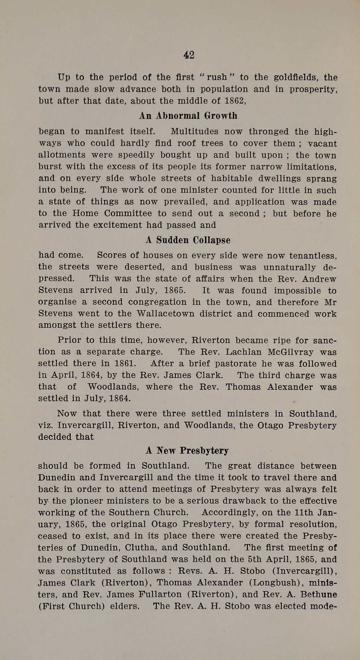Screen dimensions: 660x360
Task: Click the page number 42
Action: (189, 55)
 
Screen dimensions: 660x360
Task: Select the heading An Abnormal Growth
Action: (188, 116)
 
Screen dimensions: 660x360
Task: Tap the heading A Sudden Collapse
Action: (188, 240)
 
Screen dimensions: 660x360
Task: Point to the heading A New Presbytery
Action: (187, 451)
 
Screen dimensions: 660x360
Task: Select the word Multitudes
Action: (195, 132)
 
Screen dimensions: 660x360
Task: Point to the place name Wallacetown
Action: (166, 314)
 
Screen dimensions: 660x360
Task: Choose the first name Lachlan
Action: (243, 352)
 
